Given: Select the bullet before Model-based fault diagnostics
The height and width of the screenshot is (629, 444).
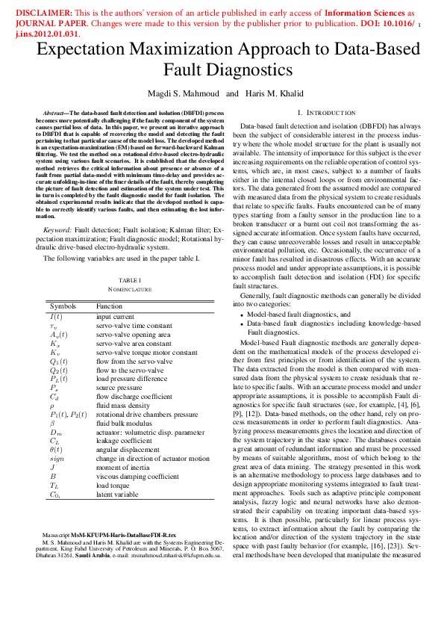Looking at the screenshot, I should tap(242, 315).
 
